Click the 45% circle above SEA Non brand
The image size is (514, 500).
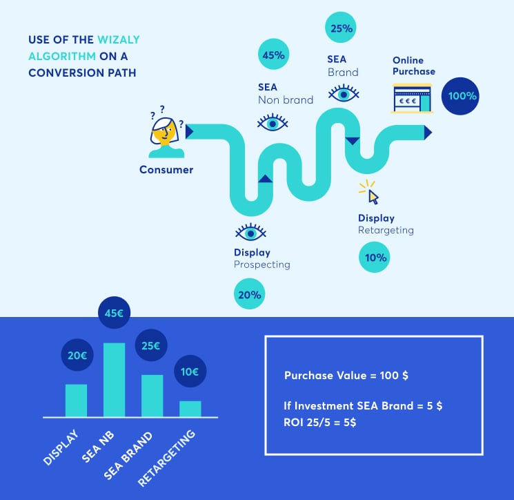click(x=274, y=54)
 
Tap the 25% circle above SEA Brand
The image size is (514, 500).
click(x=341, y=28)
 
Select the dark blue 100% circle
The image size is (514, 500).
click(x=460, y=96)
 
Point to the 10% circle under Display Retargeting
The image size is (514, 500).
click(x=375, y=257)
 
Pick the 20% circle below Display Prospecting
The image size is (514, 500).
click(x=250, y=294)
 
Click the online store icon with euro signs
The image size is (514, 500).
click(x=413, y=99)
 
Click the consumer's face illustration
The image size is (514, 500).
click(x=165, y=132)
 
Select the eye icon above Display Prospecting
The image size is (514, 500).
click(x=250, y=232)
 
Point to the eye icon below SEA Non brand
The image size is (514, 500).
click(x=273, y=123)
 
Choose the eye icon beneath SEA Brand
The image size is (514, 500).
click(x=344, y=93)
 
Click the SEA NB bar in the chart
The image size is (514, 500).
click(x=114, y=380)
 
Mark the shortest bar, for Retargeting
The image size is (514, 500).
click(x=190, y=409)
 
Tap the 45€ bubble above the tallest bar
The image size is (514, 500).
click(x=114, y=313)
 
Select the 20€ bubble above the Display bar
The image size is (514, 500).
click(x=77, y=355)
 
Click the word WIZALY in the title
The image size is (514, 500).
click(x=119, y=39)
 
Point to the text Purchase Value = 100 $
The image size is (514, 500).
click(x=346, y=375)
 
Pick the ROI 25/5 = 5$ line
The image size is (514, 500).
click(x=319, y=422)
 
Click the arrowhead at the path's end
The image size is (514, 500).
click(x=428, y=132)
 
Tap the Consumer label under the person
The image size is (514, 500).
click(x=166, y=170)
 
